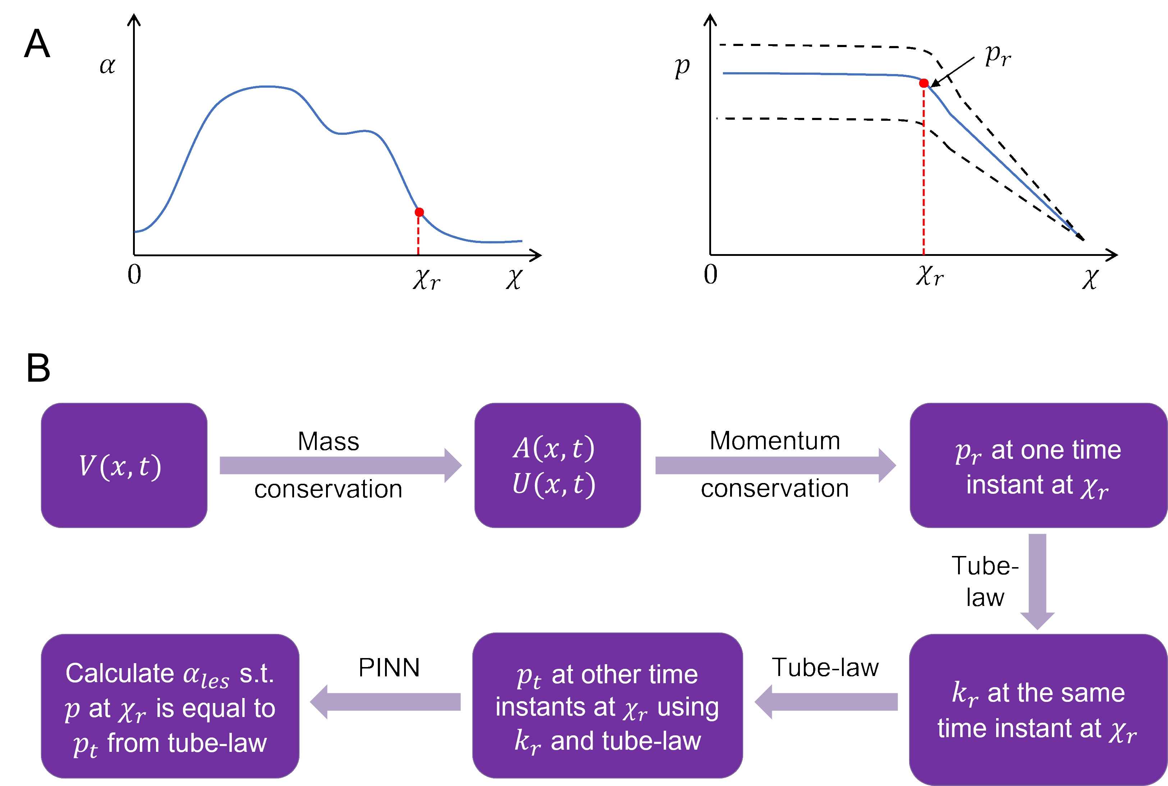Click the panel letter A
pyautogui.click(x=37, y=44)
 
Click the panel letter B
pyautogui.click(x=38, y=368)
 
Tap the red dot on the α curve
pyautogui.click(x=419, y=212)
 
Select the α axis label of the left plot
pyautogui.click(x=107, y=65)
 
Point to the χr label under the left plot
pyautogui.click(x=426, y=279)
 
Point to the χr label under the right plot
pyautogui.click(x=930, y=276)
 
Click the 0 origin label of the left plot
pyautogui.click(x=134, y=275)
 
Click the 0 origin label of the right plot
pyautogui.click(x=710, y=275)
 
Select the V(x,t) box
pyautogui.click(x=124, y=465)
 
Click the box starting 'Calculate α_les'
pyautogui.click(x=170, y=706)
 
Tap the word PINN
pyautogui.click(x=389, y=668)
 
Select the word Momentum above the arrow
pyautogui.click(x=774, y=441)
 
